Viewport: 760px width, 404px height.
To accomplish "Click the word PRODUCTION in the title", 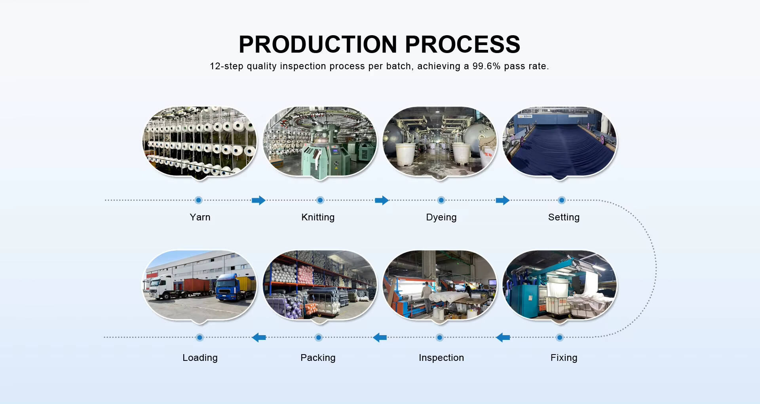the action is click(x=318, y=44).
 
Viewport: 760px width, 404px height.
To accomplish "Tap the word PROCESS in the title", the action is click(x=463, y=44).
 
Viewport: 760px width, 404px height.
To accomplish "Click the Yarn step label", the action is click(x=200, y=217).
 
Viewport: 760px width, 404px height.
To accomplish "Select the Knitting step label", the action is click(x=318, y=217).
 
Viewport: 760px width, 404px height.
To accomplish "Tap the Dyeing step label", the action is click(x=441, y=217).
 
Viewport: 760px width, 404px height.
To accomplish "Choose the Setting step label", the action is click(x=564, y=217).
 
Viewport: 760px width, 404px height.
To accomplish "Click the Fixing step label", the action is click(x=564, y=358).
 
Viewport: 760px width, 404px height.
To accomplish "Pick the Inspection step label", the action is click(x=441, y=358).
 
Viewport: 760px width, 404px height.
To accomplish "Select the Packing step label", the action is click(x=318, y=358).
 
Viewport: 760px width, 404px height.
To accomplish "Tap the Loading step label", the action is click(x=200, y=358).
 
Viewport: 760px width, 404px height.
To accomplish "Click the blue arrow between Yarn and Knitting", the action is click(x=258, y=200).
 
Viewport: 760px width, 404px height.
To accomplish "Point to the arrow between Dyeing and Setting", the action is click(x=503, y=200).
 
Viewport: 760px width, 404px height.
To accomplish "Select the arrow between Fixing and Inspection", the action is click(x=503, y=338).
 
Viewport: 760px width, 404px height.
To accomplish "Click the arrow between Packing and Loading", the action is click(x=259, y=338).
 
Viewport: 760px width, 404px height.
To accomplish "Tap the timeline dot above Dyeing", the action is click(x=441, y=200).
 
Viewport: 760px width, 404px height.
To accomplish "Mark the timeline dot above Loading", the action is click(x=200, y=338).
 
